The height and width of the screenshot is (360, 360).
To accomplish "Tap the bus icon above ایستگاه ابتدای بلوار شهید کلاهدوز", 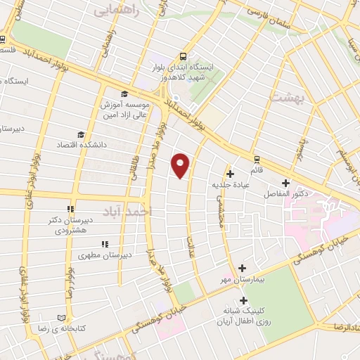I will [x=183, y=58].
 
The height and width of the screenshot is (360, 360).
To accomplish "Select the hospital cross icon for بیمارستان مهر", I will [x=242, y=268].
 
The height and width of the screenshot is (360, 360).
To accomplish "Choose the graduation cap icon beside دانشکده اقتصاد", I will [x=81, y=134].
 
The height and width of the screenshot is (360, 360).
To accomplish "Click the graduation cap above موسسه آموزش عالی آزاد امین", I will [x=124, y=94].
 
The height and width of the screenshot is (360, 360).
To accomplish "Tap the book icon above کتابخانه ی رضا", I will [x=70, y=317].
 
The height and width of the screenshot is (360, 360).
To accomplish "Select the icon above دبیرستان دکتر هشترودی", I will [x=70, y=209].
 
